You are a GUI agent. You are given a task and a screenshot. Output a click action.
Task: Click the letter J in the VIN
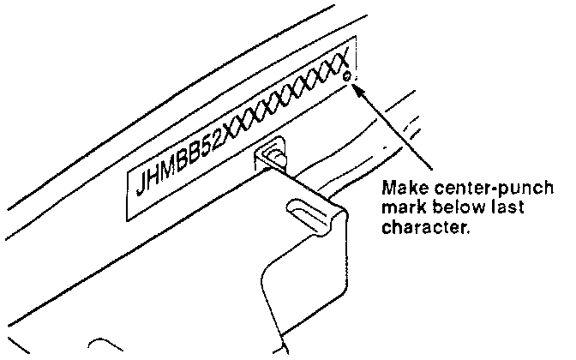click(x=142, y=183)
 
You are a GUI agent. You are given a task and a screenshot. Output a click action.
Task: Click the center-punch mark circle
click(x=348, y=79)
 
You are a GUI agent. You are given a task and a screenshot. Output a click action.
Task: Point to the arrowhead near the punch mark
click(x=359, y=87)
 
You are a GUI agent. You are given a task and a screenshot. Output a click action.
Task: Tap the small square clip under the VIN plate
click(x=273, y=156)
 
